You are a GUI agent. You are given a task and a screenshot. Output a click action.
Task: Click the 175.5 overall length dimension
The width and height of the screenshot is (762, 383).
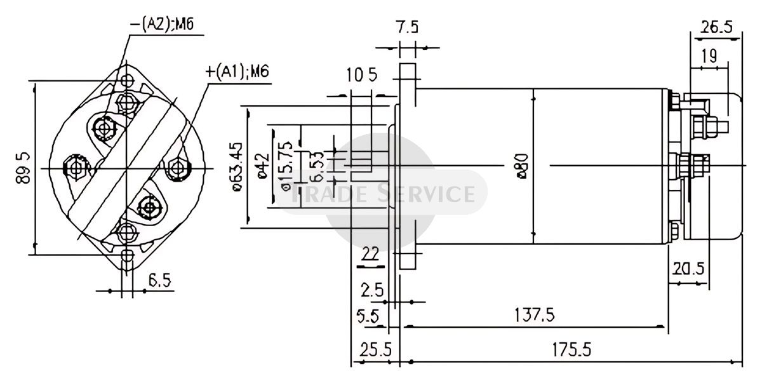(x=571, y=350)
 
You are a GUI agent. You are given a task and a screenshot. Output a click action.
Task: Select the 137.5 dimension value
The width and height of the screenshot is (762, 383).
(x=535, y=314)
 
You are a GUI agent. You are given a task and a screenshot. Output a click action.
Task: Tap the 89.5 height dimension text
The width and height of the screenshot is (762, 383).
(x=23, y=168)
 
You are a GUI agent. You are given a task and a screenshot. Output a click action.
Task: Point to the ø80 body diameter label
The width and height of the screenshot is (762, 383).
(x=521, y=166)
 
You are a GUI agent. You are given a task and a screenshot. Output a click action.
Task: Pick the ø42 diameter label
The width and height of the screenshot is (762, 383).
(x=263, y=166)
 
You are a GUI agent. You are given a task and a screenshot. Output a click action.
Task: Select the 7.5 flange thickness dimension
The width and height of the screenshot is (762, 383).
(x=407, y=27)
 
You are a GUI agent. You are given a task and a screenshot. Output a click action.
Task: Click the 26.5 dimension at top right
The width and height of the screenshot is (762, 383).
(x=718, y=27)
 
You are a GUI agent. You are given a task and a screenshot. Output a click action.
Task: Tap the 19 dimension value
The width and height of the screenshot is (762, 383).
(x=709, y=56)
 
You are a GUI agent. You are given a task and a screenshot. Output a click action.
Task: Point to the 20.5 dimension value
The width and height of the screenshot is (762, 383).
(x=689, y=269)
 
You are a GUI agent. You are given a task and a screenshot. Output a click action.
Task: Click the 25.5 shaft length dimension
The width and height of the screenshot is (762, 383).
(x=375, y=350)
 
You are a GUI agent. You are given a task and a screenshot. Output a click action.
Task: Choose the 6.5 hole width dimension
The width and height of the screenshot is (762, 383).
(x=160, y=281)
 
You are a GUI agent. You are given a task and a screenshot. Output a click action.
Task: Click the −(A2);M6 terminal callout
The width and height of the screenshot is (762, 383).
(x=162, y=24)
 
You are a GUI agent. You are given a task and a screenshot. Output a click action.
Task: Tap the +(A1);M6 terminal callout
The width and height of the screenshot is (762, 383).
(x=237, y=72)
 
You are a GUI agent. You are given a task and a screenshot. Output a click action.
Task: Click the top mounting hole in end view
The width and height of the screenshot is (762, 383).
(x=127, y=81)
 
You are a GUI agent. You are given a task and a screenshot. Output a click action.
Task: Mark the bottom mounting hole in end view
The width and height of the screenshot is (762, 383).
(x=127, y=255)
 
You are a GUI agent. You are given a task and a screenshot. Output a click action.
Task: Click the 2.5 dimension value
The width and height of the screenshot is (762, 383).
(x=372, y=290)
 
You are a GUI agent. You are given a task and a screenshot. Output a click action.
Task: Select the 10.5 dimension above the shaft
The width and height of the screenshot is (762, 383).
(x=362, y=75)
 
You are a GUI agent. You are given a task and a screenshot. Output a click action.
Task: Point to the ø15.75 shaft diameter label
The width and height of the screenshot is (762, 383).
(x=285, y=166)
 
